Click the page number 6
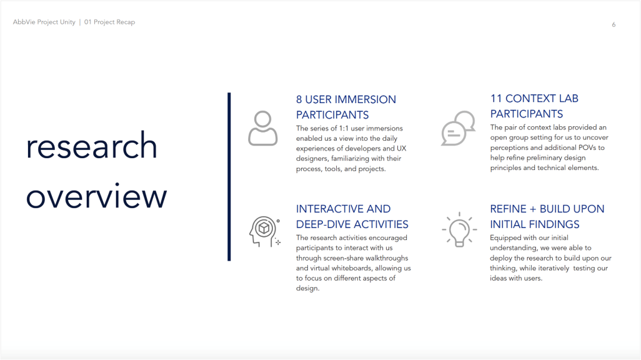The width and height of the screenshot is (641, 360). [x=614, y=25]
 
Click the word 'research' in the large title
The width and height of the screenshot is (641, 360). [x=92, y=146]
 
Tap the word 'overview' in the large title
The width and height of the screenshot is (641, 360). [x=96, y=196]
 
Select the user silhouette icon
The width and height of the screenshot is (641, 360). [x=263, y=128]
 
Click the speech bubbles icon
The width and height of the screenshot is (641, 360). [x=458, y=128]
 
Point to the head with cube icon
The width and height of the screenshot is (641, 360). [x=265, y=231]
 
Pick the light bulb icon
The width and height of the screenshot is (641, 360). [x=459, y=229]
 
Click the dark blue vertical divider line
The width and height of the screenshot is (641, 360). [x=229, y=177]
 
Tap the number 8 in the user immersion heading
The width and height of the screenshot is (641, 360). [x=299, y=99]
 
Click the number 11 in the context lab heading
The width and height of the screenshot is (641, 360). [x=496, y=99]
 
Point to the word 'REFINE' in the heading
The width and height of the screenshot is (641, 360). [x=508, y=209]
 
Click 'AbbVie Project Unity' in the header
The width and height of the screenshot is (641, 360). [x=44, y=22]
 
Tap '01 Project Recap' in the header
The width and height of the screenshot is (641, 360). [x=109, y=22]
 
